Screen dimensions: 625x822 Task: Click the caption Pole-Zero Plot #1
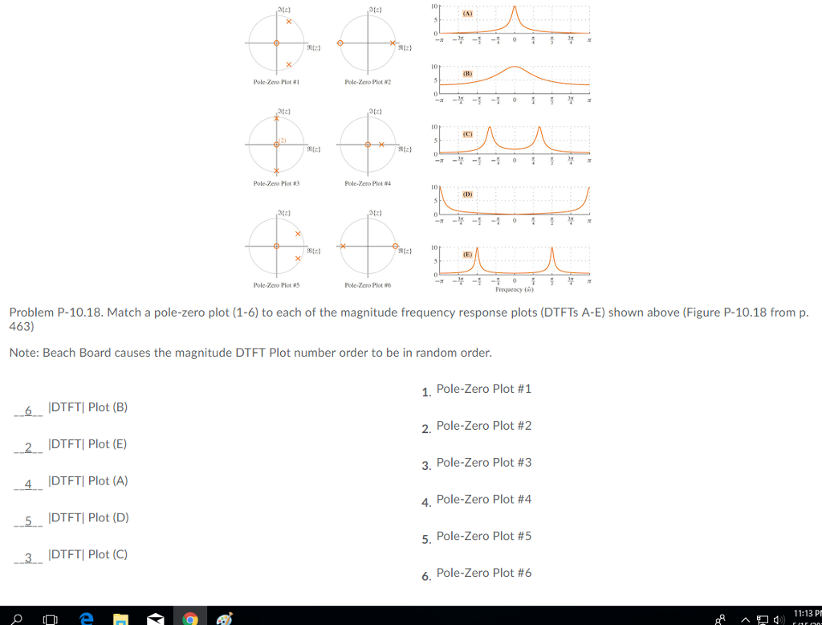click(276, 82)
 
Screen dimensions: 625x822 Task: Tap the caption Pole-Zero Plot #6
click(367, 285)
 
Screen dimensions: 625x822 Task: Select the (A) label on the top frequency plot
click(467, 14)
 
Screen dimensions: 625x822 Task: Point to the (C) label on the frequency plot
click(467, 133)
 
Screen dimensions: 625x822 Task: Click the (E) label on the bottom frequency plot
click(467, 253)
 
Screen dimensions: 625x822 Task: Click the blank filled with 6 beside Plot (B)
click(28, 411)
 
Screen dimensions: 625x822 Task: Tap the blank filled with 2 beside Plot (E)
click(28, 447)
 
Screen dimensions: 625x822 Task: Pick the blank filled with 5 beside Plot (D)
click(28, 521)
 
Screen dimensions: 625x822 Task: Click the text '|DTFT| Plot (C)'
click(87, 554)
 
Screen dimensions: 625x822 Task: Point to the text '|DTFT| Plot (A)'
click(87, 480)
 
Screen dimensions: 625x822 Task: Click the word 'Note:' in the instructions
click(24, 353)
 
